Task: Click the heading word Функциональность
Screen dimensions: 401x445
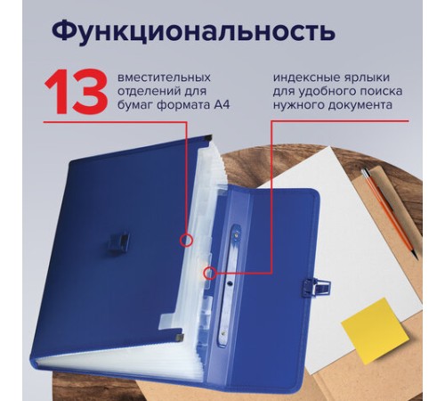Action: coord(192,30)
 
